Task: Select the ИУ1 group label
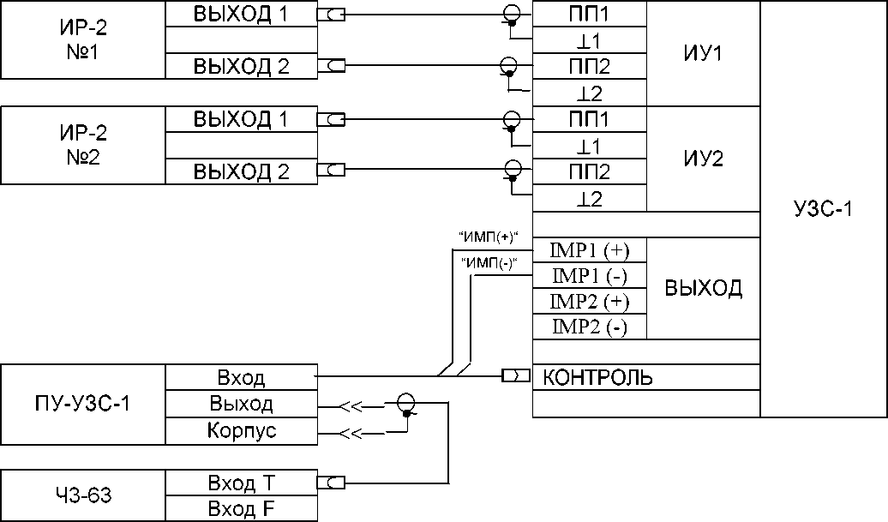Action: point(703,53)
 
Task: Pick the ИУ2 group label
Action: point(703,158)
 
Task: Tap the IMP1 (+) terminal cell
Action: point(590,250)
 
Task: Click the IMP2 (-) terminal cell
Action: point(590,327)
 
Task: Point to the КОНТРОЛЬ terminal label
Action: point(597,377)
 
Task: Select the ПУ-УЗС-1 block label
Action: point(83,404)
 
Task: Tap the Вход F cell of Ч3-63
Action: point(241,508)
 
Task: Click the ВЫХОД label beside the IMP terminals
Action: point(703,288)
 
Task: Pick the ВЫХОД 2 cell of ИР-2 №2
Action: point(241,171)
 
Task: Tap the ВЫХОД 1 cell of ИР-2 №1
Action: point(241,15)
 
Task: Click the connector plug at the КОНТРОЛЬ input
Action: point(515,376)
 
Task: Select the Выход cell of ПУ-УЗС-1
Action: point(241,404)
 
